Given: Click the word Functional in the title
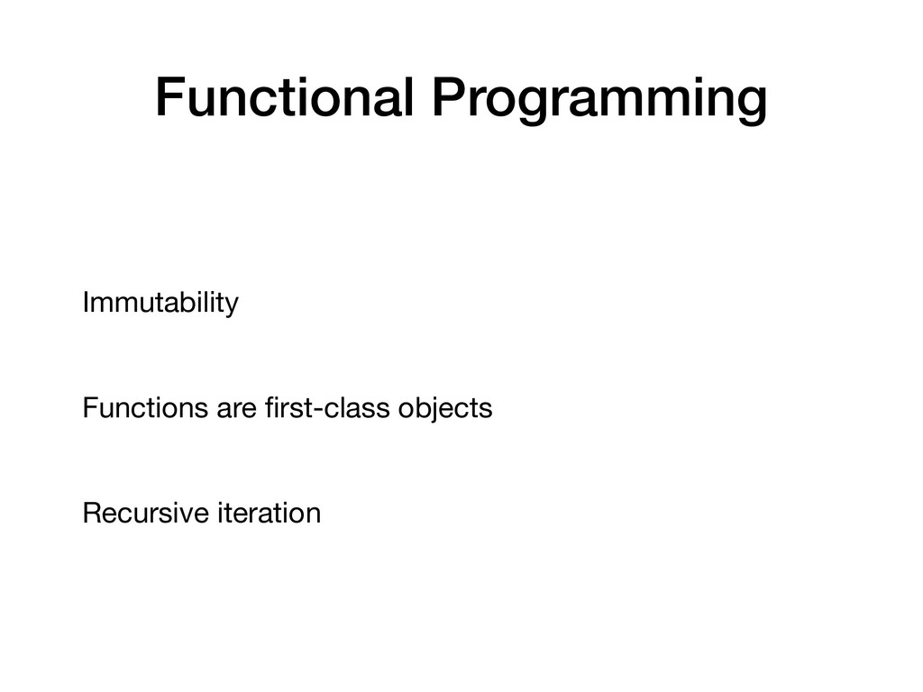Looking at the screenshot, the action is click(284, 96).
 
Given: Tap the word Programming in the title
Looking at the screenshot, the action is click(599, 101).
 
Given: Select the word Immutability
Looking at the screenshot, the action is click(160, 304).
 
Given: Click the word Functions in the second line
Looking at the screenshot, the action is click(145, 407).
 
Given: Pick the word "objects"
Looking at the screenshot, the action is click(445, 409).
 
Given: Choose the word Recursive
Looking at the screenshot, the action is click(146, 513).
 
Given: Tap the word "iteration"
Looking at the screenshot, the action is click(270, 513).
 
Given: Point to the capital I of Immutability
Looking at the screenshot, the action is click(86, 302).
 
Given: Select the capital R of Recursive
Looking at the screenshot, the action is click(94, 513).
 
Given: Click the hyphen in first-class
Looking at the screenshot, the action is click(315, 410).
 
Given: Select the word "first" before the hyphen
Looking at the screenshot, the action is click(287, 407).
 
